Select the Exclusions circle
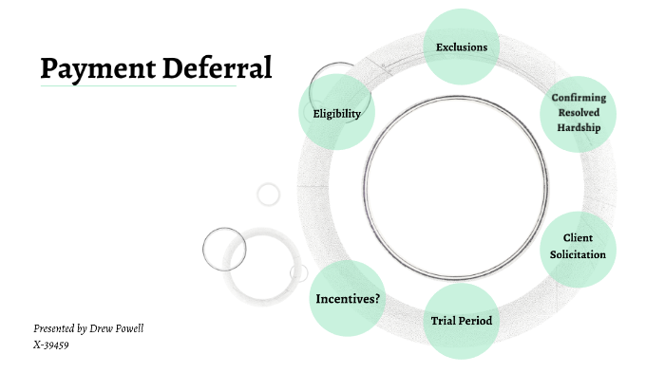coord(461,47)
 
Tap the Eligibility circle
coord(337,114)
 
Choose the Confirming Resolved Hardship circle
coord(579,113)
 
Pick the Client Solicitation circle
coord(578,246)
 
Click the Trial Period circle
coord(462,321)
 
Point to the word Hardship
coord(579,127)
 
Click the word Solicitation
coord(578,254)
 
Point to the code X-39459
coord(51,345)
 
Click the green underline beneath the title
coord(138,86)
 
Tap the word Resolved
coord(579,113)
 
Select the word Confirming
coord(579,99)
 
